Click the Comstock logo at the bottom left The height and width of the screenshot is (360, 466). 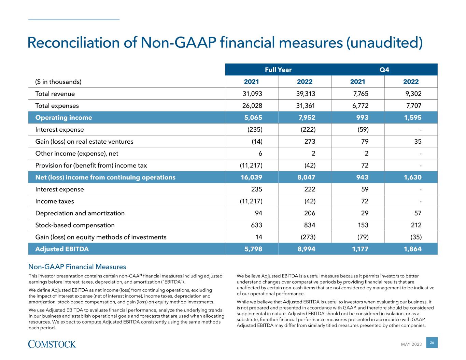52,344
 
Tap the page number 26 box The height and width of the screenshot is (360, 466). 432,343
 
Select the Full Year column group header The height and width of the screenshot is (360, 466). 278,70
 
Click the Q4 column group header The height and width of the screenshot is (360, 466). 384,70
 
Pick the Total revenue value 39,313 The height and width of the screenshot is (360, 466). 305,94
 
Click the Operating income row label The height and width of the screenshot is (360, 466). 63,118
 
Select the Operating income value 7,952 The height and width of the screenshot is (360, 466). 305,118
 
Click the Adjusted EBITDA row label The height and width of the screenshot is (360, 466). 62,249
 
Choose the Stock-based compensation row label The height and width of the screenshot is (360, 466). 75,225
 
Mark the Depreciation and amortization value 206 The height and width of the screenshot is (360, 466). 310,213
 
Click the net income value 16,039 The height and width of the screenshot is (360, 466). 251,177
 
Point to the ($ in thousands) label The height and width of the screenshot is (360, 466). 58,82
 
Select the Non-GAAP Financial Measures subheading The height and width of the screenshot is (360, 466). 77,267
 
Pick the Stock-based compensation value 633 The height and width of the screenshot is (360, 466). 256,225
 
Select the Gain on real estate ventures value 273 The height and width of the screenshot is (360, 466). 310,142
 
